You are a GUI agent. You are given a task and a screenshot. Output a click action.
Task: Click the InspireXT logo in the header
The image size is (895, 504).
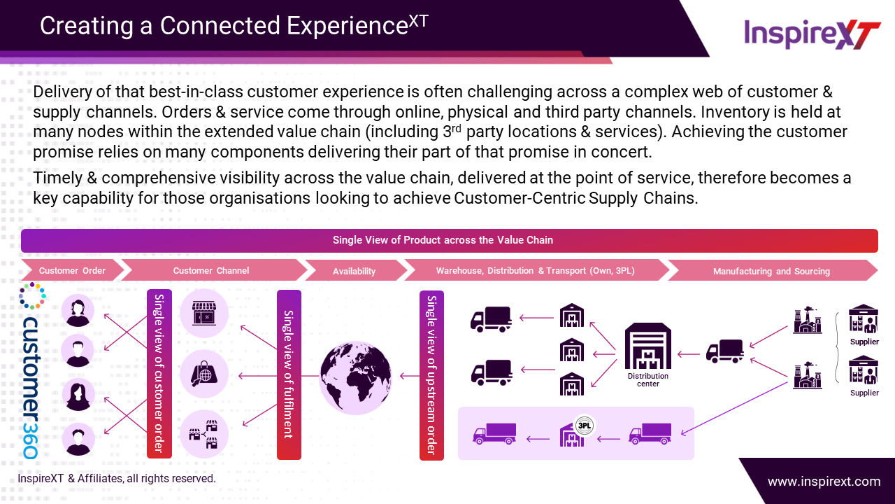pos(812,34)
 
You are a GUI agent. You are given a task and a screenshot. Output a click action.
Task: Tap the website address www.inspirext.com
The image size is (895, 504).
pos(824,481)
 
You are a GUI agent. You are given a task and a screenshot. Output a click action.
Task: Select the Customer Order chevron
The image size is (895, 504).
pos(72,270)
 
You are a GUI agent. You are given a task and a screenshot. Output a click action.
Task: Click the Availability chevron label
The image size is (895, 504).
pos(354,271)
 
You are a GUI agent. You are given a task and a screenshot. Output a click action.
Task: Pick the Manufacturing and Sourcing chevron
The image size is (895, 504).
pos(771,271)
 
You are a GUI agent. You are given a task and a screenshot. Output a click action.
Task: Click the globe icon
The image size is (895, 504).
pos(355,377)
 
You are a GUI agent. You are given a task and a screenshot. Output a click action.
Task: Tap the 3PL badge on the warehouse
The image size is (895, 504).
pos(585,426)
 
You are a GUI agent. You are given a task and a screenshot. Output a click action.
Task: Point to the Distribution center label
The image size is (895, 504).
pos(647,379)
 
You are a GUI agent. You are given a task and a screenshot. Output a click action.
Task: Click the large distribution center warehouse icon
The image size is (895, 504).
pos(647,346)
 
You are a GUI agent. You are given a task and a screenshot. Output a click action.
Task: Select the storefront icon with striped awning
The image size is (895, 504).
pos(204,313)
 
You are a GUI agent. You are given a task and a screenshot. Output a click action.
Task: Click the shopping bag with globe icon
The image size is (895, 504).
pos(204,374)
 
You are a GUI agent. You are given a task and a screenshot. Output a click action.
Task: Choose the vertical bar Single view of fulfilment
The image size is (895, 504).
pos(289,374)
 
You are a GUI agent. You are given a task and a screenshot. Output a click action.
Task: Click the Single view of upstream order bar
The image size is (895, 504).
pos(431,375)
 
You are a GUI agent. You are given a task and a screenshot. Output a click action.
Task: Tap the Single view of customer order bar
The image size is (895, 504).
pos(159,374)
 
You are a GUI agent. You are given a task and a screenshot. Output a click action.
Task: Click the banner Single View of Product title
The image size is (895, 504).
pos(443,240)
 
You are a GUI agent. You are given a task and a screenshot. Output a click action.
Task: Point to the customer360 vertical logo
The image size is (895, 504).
pos(31,388)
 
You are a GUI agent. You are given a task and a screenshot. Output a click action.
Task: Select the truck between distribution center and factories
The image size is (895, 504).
pos(725,351)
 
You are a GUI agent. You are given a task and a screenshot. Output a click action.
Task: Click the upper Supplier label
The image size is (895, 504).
pos(864,342)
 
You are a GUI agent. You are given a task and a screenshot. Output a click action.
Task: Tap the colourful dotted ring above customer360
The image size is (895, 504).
pos(32,295)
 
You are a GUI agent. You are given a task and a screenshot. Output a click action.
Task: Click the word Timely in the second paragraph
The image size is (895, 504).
pos(57,178)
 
